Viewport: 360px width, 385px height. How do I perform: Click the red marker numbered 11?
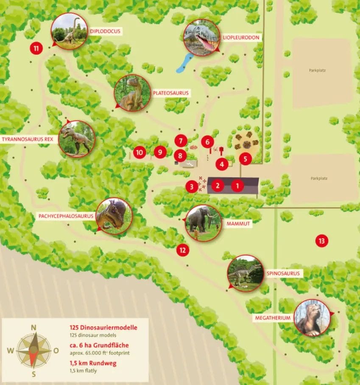click(x=36, y=48)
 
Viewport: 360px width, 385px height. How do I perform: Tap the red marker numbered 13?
click(x=322, y=241)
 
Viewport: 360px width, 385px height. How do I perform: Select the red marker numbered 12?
click(x=182, y=250)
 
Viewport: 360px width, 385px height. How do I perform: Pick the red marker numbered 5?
click(x=245, y=158)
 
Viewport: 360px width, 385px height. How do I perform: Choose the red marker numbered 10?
click(x=139, y=152)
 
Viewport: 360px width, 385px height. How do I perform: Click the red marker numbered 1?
click(x=238, y=185)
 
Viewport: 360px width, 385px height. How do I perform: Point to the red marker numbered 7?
click(x=181, y=140)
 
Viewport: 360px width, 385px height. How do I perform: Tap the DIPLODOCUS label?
click(x=105, y=31)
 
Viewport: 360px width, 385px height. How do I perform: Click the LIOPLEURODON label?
click(x=241, y=37)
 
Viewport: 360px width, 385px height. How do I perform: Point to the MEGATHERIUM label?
click(x=273, y=318)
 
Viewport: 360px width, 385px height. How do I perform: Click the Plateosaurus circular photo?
click(x=132, y=93)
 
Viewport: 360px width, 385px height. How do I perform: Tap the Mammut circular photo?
click(x=204, y=223)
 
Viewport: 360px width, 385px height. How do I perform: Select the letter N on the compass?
click(x=33, y=327)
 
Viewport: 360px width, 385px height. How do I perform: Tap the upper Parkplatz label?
click(x=317, y=70)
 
